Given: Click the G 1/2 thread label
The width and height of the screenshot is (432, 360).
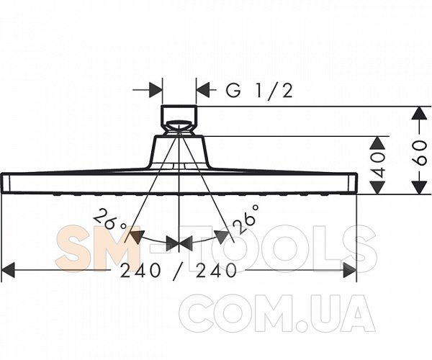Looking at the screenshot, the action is coord(259,90).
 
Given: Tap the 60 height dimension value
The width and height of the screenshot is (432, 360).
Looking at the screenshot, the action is coord(420,153).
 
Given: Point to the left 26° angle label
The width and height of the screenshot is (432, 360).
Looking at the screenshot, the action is coord(109,220).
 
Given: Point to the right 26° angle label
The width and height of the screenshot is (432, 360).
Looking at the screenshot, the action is coord(246,219).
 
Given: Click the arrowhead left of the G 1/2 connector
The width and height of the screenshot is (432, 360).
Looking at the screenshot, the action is coord(155,90).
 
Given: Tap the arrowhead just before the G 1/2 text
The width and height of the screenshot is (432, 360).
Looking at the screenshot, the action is coord(203,90).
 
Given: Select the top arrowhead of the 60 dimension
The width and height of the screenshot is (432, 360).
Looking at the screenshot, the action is coord(419,113).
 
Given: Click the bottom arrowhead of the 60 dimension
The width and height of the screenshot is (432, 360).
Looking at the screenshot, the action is coord(419,187).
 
